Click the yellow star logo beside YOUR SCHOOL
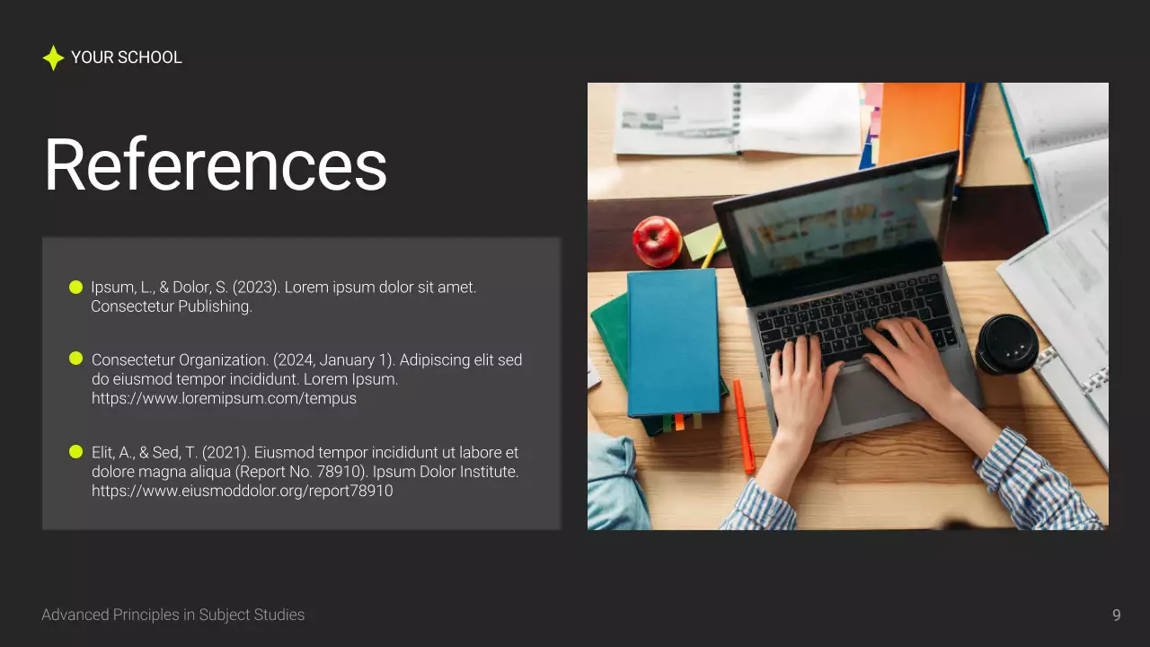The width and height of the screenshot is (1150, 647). [x=53, y=58]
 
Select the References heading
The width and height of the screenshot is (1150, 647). [x=216, y=165]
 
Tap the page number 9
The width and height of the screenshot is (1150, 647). [x=1117, y=615]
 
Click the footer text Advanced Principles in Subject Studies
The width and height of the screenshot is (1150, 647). [x=173, y=615]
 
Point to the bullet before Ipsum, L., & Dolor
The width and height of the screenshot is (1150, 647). [x=75, y=288]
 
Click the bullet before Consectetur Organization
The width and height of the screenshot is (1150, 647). [x=75, y=359]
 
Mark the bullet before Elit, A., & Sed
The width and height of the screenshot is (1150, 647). [x=75, y=451]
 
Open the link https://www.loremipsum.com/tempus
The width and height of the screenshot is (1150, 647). [x=224, y=398]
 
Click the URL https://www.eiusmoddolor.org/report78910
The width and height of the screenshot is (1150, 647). [x=243, y=492]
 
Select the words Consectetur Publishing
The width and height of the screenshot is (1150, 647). [x=172, y=306]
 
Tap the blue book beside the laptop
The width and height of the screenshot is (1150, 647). [x=673, y=341]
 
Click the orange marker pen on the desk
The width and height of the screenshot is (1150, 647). [x=744, y=426]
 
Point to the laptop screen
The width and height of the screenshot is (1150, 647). [x=836, y=225]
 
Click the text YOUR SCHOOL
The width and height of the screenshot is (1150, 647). [x=127, y=58]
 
